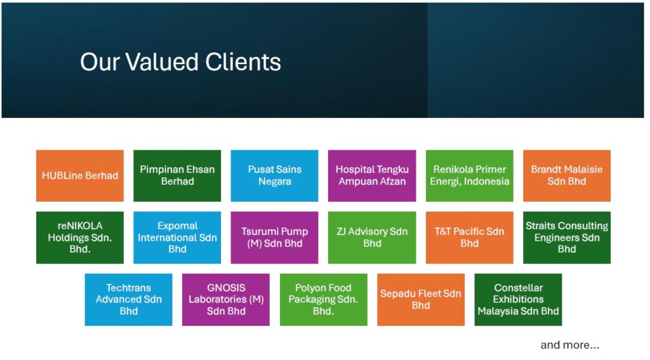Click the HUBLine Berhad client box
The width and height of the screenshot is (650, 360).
[79, 176]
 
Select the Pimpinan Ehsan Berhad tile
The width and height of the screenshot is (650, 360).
[177, 176]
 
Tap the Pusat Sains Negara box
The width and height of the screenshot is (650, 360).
[274, 176]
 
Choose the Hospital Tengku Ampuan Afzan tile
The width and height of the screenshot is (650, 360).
[372, 176]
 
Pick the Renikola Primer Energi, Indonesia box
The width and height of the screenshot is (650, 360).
[469, 176]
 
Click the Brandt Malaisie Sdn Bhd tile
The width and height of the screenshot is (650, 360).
[567, 176]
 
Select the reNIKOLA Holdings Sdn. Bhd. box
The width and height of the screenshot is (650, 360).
[79, 237]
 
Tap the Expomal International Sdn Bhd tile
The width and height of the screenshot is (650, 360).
[177, 237]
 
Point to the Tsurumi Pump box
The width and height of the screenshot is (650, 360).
[274, 237]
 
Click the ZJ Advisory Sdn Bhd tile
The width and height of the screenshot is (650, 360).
[372, 237]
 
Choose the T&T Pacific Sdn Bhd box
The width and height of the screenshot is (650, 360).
[469, 237]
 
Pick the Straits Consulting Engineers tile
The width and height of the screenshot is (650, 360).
[567, 237]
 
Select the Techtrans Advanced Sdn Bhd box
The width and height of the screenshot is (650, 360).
[128, 300]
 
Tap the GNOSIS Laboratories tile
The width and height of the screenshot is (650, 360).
[226, 300]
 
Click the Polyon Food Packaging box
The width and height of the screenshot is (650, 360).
[323, 300]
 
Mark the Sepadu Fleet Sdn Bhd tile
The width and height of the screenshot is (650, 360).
[421, 300]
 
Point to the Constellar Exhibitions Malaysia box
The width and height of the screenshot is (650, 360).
[518, 300]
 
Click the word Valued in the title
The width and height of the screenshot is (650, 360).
[162, 62]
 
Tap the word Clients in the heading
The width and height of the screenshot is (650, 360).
[243, 62]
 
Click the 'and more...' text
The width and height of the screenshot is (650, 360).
[569, 345]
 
